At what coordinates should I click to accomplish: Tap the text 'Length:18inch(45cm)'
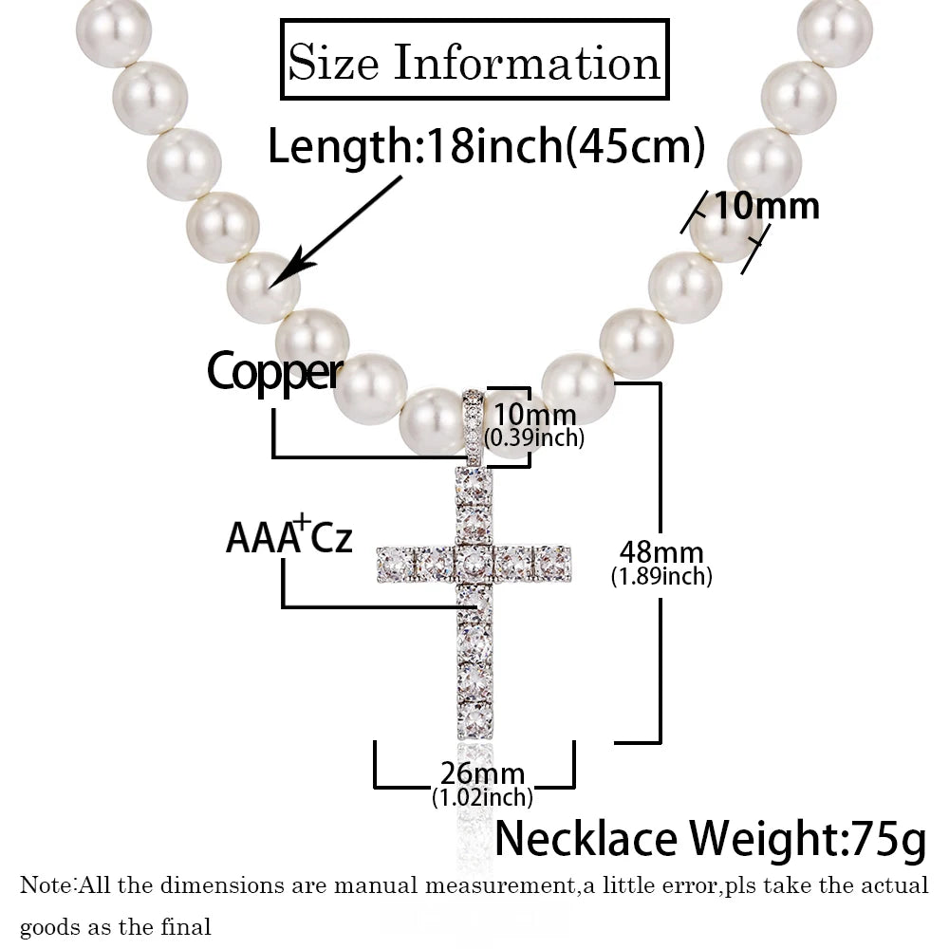click(x=487, y=148)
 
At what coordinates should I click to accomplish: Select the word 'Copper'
click(x=274, y=372)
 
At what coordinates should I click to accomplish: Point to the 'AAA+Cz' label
click(x=288, y=537)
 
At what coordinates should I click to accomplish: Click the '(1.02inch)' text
click(x=481, y=798)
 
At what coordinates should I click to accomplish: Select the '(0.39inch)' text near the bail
click(x=533, y=437)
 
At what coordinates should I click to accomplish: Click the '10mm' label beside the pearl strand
click(x=766, y=206)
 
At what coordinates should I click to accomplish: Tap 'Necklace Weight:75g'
click(x=710, y=839)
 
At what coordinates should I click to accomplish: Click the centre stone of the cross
click(x=474, y=563)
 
